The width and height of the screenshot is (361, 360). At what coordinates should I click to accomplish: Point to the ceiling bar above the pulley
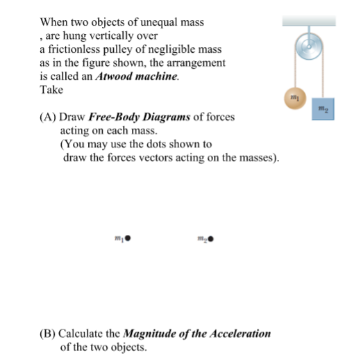[309, 22]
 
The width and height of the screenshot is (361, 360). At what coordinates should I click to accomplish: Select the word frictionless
[75, 49]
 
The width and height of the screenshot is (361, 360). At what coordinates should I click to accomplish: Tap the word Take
[51, 90]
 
